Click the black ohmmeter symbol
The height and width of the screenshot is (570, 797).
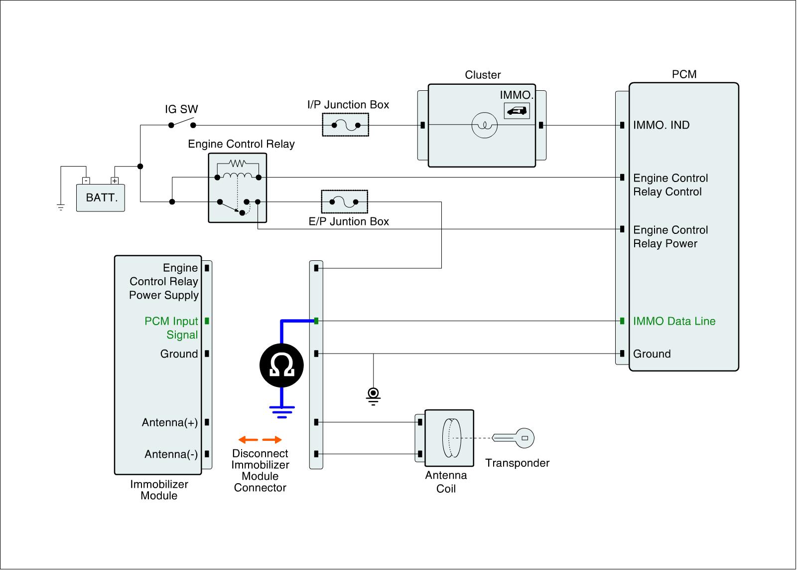[281, 366]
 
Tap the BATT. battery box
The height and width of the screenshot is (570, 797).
[100, 197]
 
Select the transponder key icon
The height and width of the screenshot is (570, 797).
[513, 438]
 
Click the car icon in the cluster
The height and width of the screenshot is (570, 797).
[517, 111]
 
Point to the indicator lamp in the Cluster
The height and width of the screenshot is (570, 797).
[484, 125]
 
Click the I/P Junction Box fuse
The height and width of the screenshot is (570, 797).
[346, 125]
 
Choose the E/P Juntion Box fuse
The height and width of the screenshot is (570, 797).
[344, 201]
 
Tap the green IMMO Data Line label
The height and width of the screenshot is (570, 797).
[674, 321]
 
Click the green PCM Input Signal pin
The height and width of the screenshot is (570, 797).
[207, 321]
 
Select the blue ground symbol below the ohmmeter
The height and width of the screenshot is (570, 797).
[282, 412]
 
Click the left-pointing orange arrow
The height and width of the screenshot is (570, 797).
[248, 440]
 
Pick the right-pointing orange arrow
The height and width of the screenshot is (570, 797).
[272, 440]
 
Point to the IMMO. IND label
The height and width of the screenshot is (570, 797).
[661, 125]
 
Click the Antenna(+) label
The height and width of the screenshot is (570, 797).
[170, 422]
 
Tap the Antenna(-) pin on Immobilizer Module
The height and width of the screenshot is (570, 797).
[207, 454]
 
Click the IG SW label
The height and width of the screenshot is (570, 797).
[181, 109]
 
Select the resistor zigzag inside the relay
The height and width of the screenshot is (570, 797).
[238, 163]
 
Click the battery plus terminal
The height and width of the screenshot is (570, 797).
[115, 181]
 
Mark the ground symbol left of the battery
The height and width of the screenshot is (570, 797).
[61, 207]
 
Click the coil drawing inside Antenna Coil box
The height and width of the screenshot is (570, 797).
[451, 438]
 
